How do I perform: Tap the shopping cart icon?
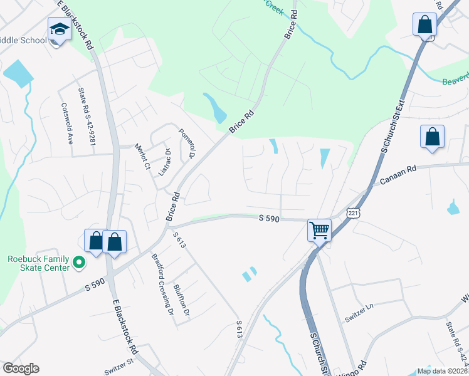pos(319,230)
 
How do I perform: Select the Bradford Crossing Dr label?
pos(161,283)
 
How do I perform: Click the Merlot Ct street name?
pos(142,157)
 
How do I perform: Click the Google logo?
pos(21,368)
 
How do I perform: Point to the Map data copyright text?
pos(441,371)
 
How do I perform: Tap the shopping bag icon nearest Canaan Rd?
pos(433,138)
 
